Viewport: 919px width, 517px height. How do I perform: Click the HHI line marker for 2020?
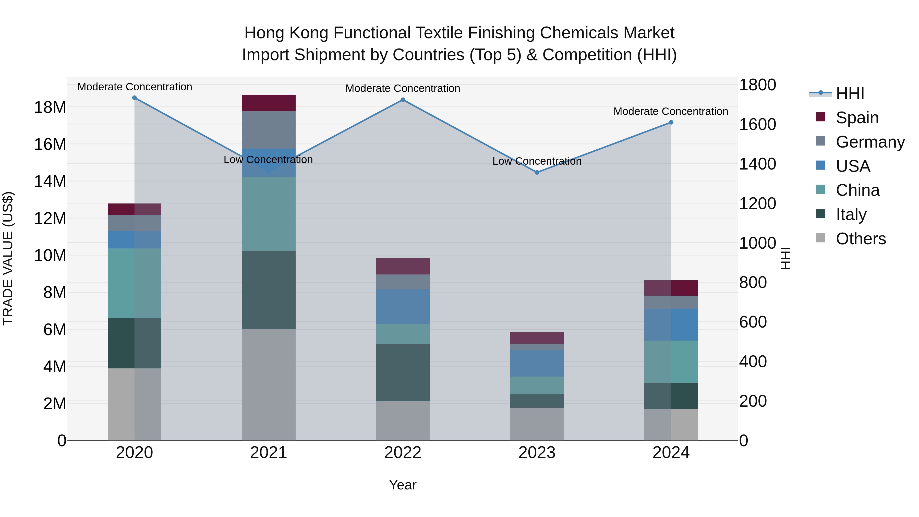point(135,98)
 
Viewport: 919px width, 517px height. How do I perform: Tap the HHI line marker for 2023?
point(537,172)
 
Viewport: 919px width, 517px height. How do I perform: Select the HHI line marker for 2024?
point(671,122)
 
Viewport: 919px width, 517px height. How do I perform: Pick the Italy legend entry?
point(851,214)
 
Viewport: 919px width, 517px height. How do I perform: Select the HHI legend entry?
point(850,93)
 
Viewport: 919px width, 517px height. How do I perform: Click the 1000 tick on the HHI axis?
point(757,243)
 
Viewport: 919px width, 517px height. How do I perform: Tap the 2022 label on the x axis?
point(403,453)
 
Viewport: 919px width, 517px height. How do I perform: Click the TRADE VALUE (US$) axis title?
point(8,258)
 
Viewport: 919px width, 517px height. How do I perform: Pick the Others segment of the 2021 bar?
point(269,385)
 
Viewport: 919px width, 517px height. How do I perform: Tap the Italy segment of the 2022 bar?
point(403,372)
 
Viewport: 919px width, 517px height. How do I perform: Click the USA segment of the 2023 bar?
point(537,363)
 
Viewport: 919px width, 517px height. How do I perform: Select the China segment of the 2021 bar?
point(269,214)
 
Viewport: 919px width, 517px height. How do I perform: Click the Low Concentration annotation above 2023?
point(537,161)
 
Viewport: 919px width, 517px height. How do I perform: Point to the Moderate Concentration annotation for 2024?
point(671,111)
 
